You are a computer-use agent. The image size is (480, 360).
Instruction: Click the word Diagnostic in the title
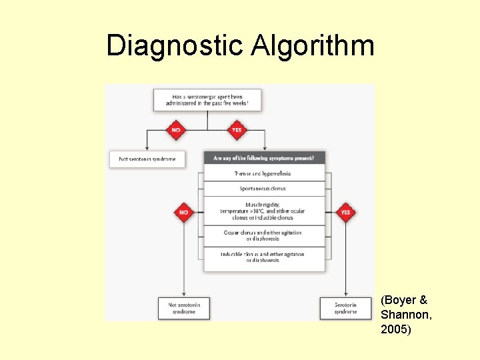point(175,45)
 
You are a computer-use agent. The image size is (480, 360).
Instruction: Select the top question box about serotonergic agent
point(207,100)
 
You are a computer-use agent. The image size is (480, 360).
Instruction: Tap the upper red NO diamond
point(175,130)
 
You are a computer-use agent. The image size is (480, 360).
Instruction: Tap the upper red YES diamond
point(236,130)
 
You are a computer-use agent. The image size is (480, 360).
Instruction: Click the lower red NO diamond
point(184,213)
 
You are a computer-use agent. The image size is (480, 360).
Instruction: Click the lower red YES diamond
point(345,213)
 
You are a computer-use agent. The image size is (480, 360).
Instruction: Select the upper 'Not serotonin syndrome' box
point(147,159)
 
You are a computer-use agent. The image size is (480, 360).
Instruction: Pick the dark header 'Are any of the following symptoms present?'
point(265,158)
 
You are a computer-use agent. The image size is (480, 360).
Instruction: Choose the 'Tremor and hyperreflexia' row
point(265,173)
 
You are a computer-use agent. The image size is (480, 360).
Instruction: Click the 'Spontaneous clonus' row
point(265,189)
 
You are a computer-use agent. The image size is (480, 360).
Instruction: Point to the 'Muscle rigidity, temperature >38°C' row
point(265,211)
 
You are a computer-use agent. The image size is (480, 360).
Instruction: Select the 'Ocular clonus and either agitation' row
point(265,236)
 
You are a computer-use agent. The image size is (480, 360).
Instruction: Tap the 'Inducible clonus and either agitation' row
point(265,257)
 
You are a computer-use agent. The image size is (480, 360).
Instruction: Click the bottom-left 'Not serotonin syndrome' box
point(184,308)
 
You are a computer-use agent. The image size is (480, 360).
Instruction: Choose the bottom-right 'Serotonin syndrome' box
point(345,308)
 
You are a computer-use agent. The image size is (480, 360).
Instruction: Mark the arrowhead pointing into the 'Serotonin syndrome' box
point(345,295)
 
